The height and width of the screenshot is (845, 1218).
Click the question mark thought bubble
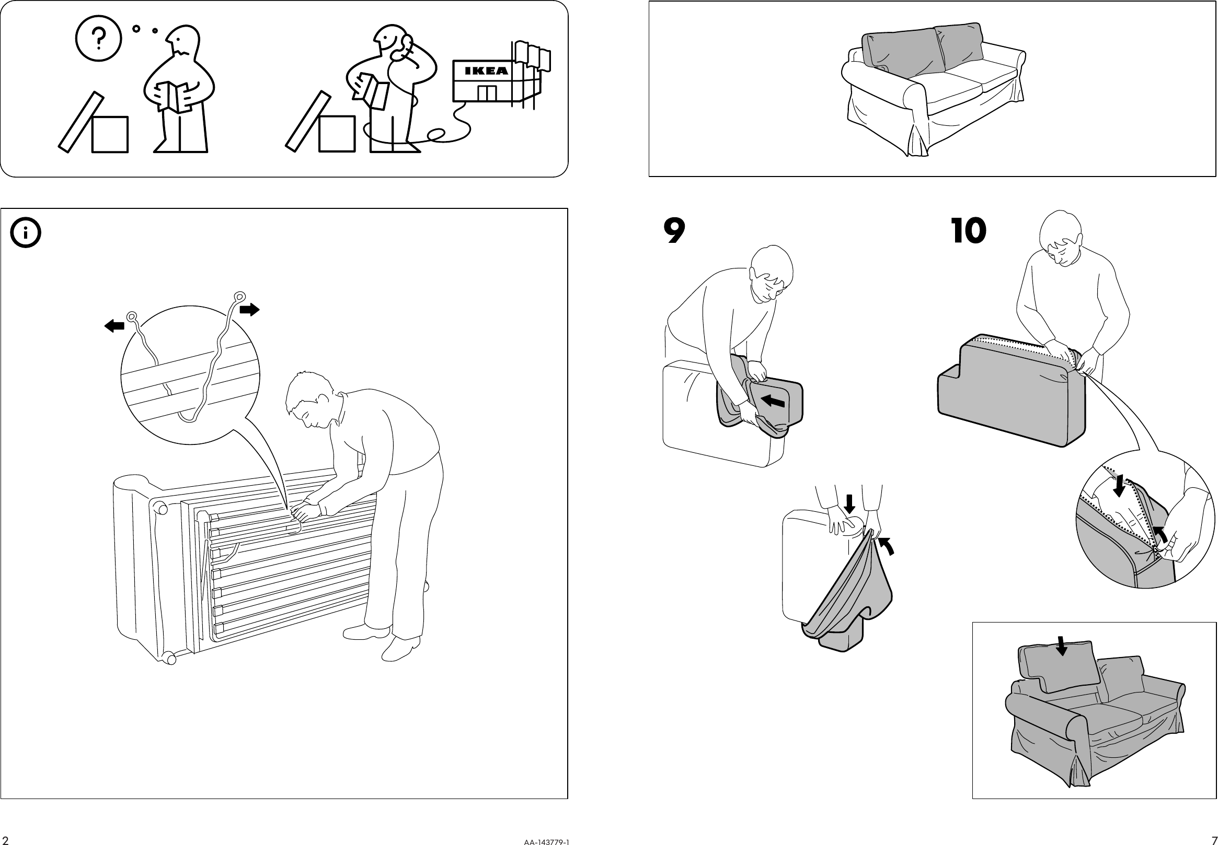tap(99, 38)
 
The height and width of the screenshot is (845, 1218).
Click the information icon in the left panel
tap(26, 233)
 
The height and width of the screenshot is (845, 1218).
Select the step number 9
tap(674, 231)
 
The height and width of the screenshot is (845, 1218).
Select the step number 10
tap(968, 231)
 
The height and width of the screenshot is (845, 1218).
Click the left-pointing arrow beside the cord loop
tap(114, 325)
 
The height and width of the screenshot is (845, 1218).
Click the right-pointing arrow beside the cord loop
tap(249, 309)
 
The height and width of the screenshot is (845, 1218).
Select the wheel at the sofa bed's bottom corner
tap(169, 659)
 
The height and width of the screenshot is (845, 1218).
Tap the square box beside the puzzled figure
tap(110, 135)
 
